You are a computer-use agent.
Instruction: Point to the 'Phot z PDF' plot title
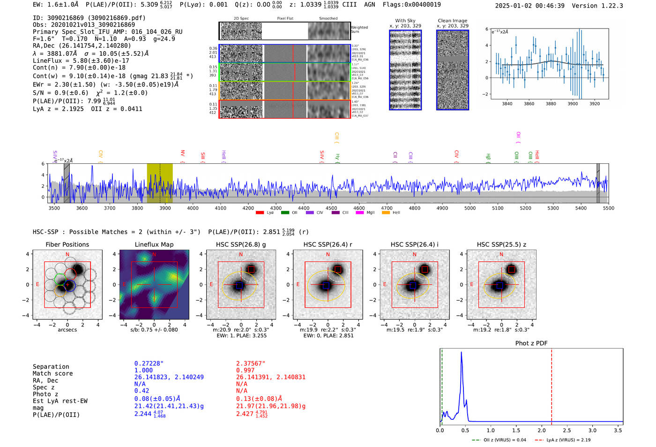pyautogui.click(x=531, y=343)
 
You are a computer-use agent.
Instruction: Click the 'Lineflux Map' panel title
pyautogui.click(x=154, y=244)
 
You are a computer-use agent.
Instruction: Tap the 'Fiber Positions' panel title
pyautogui.click(x=67, y=244)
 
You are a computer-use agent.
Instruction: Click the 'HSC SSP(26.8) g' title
pyautogui.click(x=241, y=244)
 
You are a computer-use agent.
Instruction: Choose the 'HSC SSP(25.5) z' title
pyautogui.click(x=501, y=244)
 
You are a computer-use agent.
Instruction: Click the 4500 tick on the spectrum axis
pyautogui.click(x=331, y=208)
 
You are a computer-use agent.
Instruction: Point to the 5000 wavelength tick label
pyautogui.click(x=470, y=208)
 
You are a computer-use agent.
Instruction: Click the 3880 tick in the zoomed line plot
pyautogui.click(x=551, y=104)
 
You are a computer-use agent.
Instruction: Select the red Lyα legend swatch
pyautogui.click(x=260, y=213)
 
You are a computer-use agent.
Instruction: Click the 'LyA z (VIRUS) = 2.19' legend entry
pyautogui.click(x=562, y=440)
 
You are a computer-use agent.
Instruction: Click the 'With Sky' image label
pyautogui.click(x=405, y=21)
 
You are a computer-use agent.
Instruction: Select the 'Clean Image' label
pyautogui.click(x=452, y=21)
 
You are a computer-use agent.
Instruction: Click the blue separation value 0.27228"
pyautogui.click(x=149, y=364)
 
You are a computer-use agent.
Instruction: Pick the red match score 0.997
pyautogui.click(x=246, y=371)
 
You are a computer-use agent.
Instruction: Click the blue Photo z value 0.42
pyautogui.click(x=142, y=391)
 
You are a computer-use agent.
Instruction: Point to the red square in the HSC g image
pyautogui.click(x=251, y=269)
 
